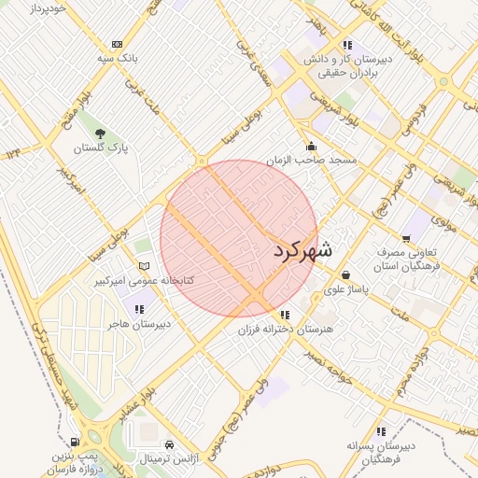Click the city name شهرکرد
pyautogui.click(x=303, y=250)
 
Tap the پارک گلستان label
pyautogui.click(x=104, y=148)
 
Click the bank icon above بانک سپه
pyautogui.click(x=117, y=44)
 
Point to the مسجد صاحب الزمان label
pyautogui.click(x=311, y=161)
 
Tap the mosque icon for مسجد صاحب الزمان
pyautogui.click(x=311, y=147)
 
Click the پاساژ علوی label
pyautogui.click(x=347, y=290)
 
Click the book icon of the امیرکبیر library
pyautogui.click(x=143, y=267)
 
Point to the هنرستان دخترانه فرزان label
pyautogui.click(x=283, y=330)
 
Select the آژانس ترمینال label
pyautogui.click(x=168, y=459)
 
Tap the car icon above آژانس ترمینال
pyautogui.click(x=169, y=445)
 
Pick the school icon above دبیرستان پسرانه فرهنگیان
pyautogui.click(x=380, y=431)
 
